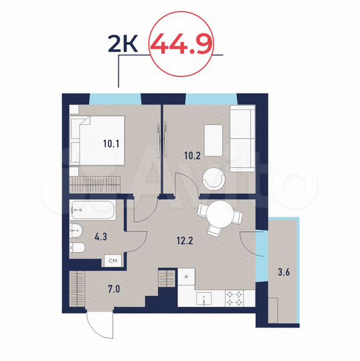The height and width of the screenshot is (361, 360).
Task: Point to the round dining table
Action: pos(219,216)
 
